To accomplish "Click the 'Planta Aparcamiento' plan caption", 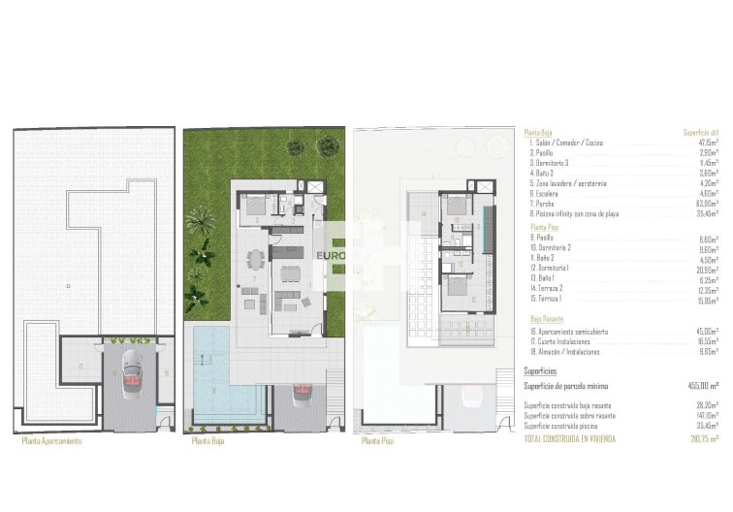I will pyautogui.click(x=51, y=441).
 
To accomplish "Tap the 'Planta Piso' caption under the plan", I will pyautogui.click(x=378, y=441).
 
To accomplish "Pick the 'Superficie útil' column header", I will pyautogui.click(x=701, y=133).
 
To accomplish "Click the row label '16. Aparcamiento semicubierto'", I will pyautogui.click(x=569, y=331).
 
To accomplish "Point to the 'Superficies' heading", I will pyautogui.click(x=540, y=369).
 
